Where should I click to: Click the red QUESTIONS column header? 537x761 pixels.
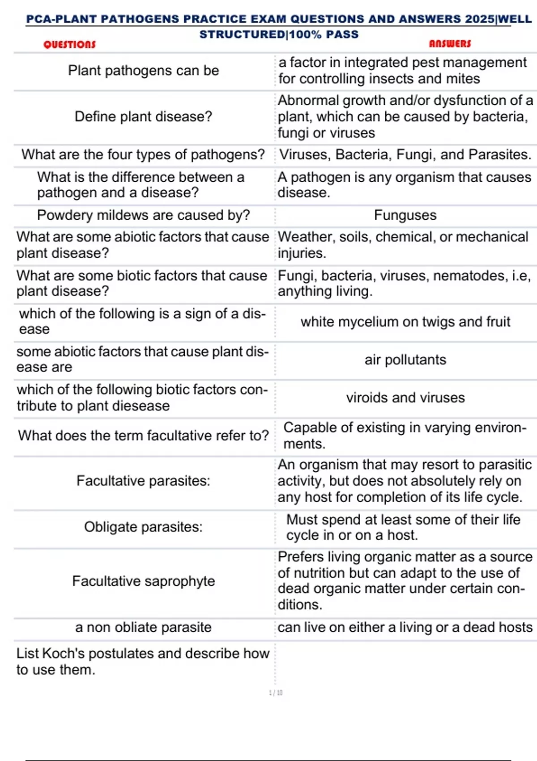coord(69,44)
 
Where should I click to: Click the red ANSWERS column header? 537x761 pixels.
coord(450,43)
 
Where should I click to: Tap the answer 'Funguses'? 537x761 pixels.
coord(405,215)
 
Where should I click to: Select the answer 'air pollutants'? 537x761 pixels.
coord(405,360)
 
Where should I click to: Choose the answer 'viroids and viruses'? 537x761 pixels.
coord(405,398)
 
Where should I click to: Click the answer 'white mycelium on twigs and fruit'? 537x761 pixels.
coord(405,322)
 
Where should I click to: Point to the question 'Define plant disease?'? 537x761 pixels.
coord(143,117)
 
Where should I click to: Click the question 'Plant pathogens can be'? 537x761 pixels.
coord(143,71)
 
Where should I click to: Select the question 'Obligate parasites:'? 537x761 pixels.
coord(143,527)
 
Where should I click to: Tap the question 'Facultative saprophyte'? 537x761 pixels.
coord(143,581)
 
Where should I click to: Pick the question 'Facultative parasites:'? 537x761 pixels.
coord(143,481)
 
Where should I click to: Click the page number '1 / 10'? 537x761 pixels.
coord(276,693)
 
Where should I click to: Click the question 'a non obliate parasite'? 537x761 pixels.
coord(143,627)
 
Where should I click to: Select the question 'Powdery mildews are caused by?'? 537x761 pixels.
coord(143,215)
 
